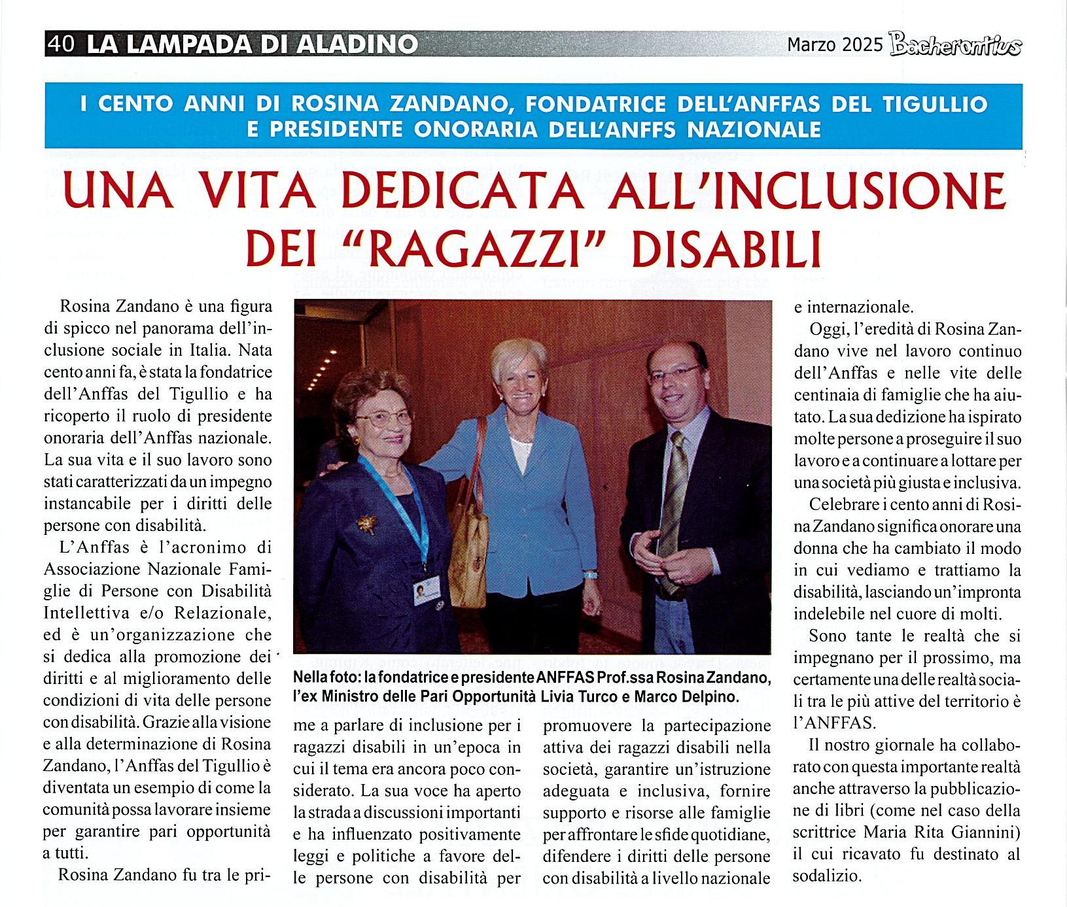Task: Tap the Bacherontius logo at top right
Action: coord(955,46)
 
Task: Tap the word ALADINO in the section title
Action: coord(357,44)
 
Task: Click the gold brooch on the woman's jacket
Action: coord(366,522)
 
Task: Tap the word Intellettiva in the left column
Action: coord(88,613)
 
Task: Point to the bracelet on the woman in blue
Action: coord(591,575)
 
